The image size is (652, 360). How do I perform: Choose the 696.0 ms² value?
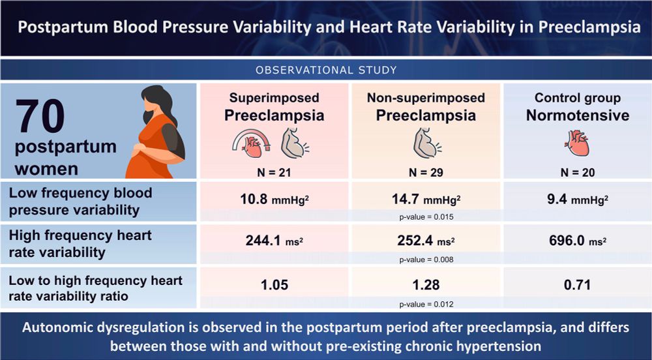576,241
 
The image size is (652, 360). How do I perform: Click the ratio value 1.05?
274,284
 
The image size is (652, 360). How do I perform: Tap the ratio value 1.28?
427,284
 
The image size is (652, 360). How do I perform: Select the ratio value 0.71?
576,284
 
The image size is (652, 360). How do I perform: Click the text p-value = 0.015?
426,216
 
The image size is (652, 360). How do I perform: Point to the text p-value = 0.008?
426,260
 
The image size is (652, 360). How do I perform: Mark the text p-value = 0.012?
426,303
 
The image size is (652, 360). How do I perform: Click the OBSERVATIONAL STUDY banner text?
326,70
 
